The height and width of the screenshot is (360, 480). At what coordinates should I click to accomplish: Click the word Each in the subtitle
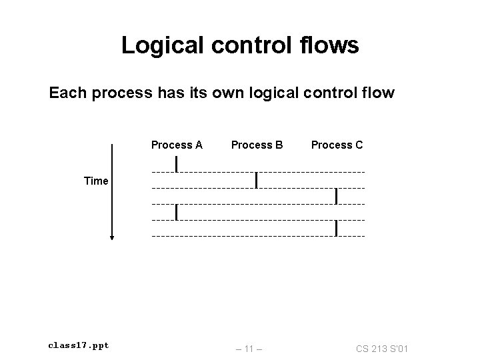(68, 93)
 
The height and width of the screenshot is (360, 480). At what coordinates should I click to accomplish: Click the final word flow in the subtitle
(377, 93)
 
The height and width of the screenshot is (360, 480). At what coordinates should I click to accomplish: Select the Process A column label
(177, 145)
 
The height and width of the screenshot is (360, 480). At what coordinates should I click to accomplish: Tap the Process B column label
(257, 145)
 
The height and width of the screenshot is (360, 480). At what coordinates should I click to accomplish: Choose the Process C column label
(337, 145)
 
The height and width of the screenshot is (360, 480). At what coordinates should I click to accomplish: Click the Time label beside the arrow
(96, 181)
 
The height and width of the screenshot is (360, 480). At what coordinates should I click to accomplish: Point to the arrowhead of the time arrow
(113, 236)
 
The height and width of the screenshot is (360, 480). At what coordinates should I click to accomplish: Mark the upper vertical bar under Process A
(176, 163)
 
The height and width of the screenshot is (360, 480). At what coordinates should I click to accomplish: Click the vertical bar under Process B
(257, 180)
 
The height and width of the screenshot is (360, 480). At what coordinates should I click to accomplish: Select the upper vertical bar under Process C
(337, 196)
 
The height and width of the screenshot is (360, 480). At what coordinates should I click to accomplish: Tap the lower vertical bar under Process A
(176, 212)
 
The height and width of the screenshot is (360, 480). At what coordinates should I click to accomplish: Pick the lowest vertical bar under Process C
(337, 228)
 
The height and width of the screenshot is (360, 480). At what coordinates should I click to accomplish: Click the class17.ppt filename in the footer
(79, 345)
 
